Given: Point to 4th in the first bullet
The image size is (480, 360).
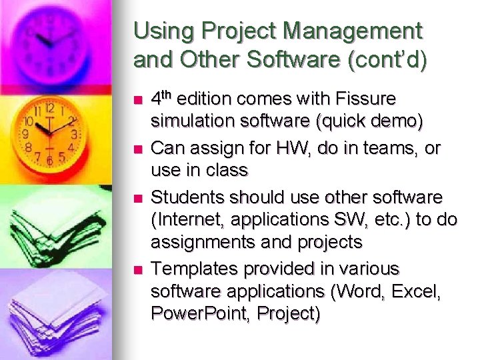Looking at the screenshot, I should tap(162, 99).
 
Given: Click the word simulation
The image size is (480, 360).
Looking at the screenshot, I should tap(189, 121).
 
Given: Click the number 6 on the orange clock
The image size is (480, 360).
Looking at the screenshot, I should tap(49, 161).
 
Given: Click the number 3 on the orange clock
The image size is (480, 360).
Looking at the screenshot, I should tap(75, 134).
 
